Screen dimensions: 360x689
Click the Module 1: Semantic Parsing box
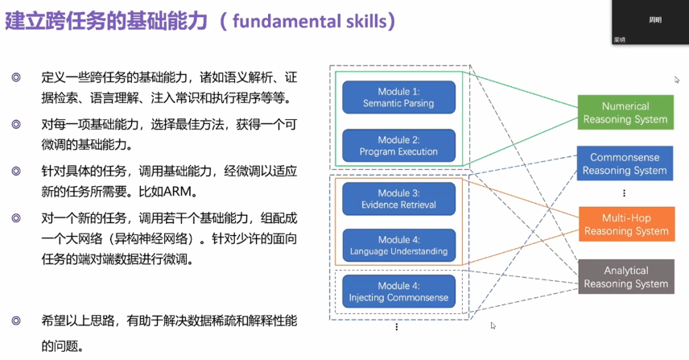pyautogui.click(x=399, y=97)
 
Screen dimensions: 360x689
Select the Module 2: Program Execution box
pyautogui.click(x=399, y=145)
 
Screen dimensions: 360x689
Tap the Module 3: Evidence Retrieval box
pyautogui.click(x=399, y=198)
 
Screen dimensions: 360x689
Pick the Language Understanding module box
pyautogui.click(x=399, y=245)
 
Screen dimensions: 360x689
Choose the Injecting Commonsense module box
pyautogui.click(x=399, y=291)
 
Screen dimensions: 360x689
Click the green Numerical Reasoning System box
pyautogui.click(x=625, y=113)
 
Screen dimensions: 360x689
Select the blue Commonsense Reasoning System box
pyautogui.click(x=625, y=163)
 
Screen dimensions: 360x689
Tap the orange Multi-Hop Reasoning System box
pyautogui.click(x=625, y=224)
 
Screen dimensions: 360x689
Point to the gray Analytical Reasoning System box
pyautogui.click(x=625, y=276)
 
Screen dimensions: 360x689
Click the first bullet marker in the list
pyautogui.click(x=16, y=79)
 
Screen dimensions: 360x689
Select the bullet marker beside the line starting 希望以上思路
pyautogui.click(x=16, y=321)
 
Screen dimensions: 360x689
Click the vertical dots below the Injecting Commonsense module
pyautogui.click(x=397, y=327)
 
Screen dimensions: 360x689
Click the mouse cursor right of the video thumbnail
pyautogui.click(x=677, y=79)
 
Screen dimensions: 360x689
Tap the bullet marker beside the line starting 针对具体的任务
pyautogui.click(x=16, y=172)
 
